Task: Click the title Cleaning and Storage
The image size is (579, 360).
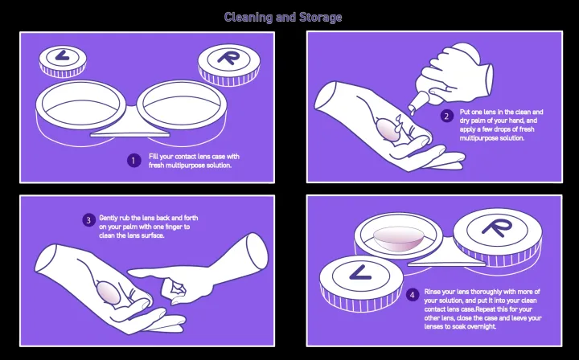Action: [283, 17]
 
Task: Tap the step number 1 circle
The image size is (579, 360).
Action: [134, 160]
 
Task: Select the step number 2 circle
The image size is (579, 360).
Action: [447, 117]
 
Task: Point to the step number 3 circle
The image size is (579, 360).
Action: [88, 220]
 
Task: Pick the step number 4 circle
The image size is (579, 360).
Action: [413, 295]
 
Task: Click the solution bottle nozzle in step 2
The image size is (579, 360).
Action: [412, 104]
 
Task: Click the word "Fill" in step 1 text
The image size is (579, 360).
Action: [154, 156]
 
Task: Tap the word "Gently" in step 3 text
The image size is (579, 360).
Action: [109, 218]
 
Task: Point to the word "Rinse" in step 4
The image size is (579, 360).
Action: [433, 290]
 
